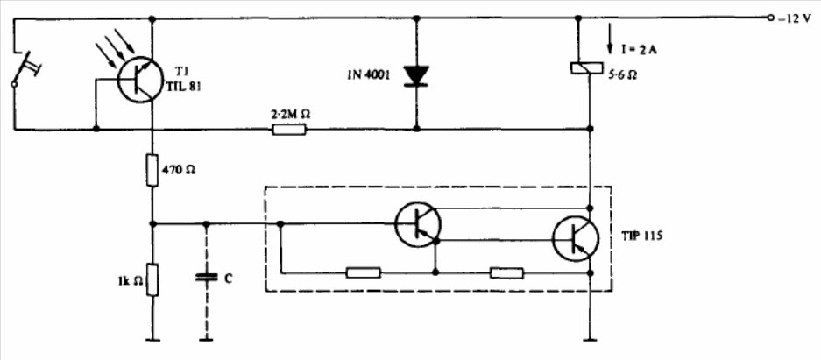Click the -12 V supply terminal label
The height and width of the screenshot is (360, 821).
click(x=795, y=19)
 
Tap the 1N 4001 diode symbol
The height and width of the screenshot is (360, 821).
click(x=416, y=75)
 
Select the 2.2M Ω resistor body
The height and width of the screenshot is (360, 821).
click(x=288, y=129)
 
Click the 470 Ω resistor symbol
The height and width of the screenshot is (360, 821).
click(x=152, y=170)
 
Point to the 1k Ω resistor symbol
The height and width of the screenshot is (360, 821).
click(x=152, y=280)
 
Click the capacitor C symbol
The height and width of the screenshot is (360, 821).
click(x=206, y=278)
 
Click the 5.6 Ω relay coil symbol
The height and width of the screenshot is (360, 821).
click(x=584, y=68)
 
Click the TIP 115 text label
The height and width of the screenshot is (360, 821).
click(x=642, y=236)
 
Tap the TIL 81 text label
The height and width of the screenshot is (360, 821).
click(x=181, y=88)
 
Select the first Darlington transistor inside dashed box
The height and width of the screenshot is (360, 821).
click(x=418, y=224)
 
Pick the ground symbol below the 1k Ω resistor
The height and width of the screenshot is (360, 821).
click(x=152, y=341)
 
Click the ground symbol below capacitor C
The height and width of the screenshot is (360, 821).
click(x=206, y=341)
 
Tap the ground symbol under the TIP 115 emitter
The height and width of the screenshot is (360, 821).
click(x=590, y=341)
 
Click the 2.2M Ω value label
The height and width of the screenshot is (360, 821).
click(x=288, y=114)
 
